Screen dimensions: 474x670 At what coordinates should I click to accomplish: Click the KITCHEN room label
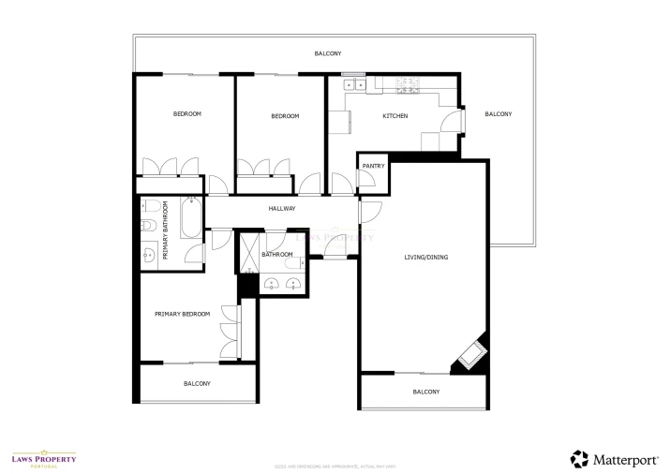pyautogui.click(x=395, y=116)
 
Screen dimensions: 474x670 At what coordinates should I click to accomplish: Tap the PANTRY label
pyautogui.click(x=373, y=166)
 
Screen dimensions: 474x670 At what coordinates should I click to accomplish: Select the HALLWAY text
pyautogui.click(x=282, y=209)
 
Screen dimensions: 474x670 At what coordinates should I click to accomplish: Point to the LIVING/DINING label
pyautogui.click(x=425, y=257)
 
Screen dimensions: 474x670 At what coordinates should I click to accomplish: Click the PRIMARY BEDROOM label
pyautogui.click(x=182, y=314)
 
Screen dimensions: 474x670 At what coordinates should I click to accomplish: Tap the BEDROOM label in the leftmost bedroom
pyautogui.click(x=186, y=114)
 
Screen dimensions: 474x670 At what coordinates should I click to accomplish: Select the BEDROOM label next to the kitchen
pyautogui.click(x=285, y=116)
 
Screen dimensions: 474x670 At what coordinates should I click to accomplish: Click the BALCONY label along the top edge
pyautogui.click(x=327, y=53)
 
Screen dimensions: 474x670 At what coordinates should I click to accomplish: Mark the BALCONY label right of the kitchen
pyautogui.click(x=498, y=114)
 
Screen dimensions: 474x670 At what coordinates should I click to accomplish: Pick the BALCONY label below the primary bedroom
pyautogui.click(x=197, y=383)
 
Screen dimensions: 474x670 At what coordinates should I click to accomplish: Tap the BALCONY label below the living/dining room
pyautogui.click(x=425, y=392)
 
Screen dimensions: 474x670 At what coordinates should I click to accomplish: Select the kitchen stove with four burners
pyautogui.click(x=409, y=85)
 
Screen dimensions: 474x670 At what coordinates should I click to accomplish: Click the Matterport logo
pyautogui.click(x=614, y=458)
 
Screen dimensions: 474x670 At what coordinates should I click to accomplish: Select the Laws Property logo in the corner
pyautogui.click(x=43, y=459)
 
